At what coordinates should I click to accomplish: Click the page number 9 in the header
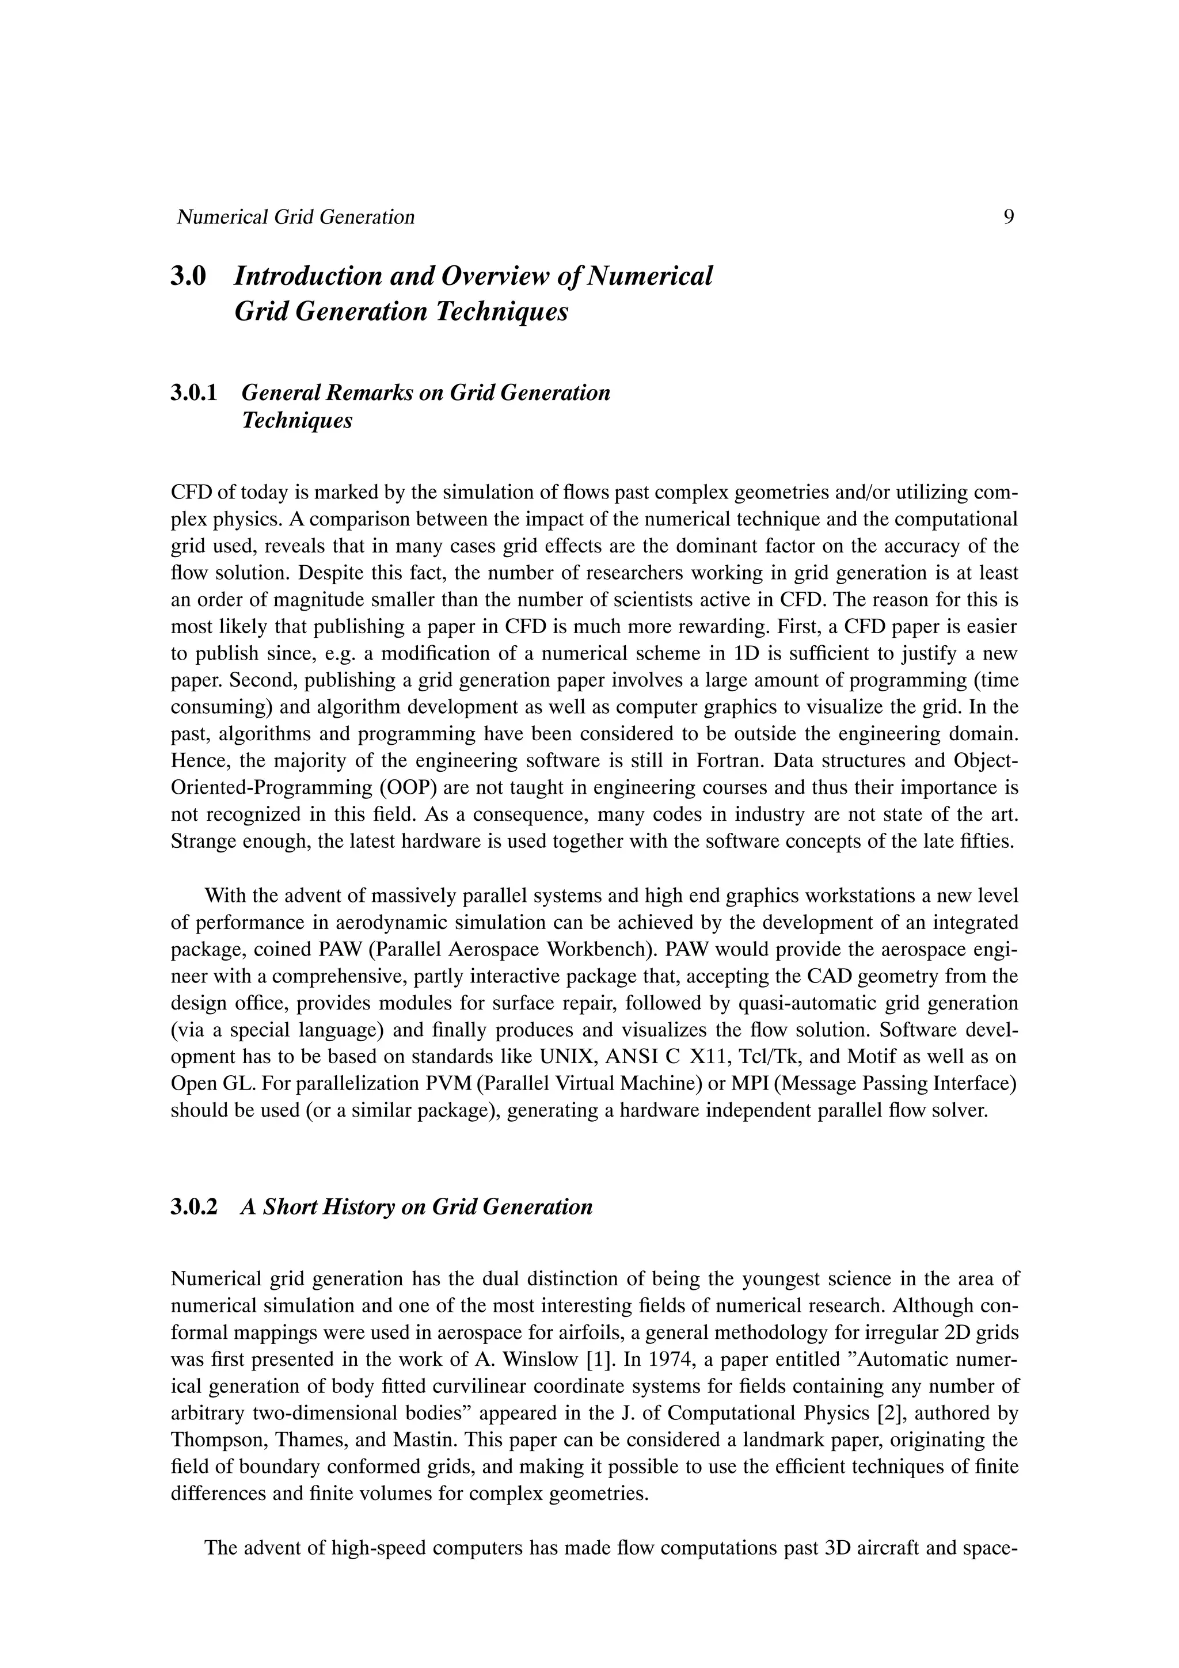tap(1008, 216)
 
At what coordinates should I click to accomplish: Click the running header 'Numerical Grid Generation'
tap(296, 216)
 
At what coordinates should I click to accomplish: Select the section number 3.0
tap(189, 276)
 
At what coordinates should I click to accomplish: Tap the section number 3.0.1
tap(194, 393)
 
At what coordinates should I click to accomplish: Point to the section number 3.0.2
tap(194, 1207)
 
